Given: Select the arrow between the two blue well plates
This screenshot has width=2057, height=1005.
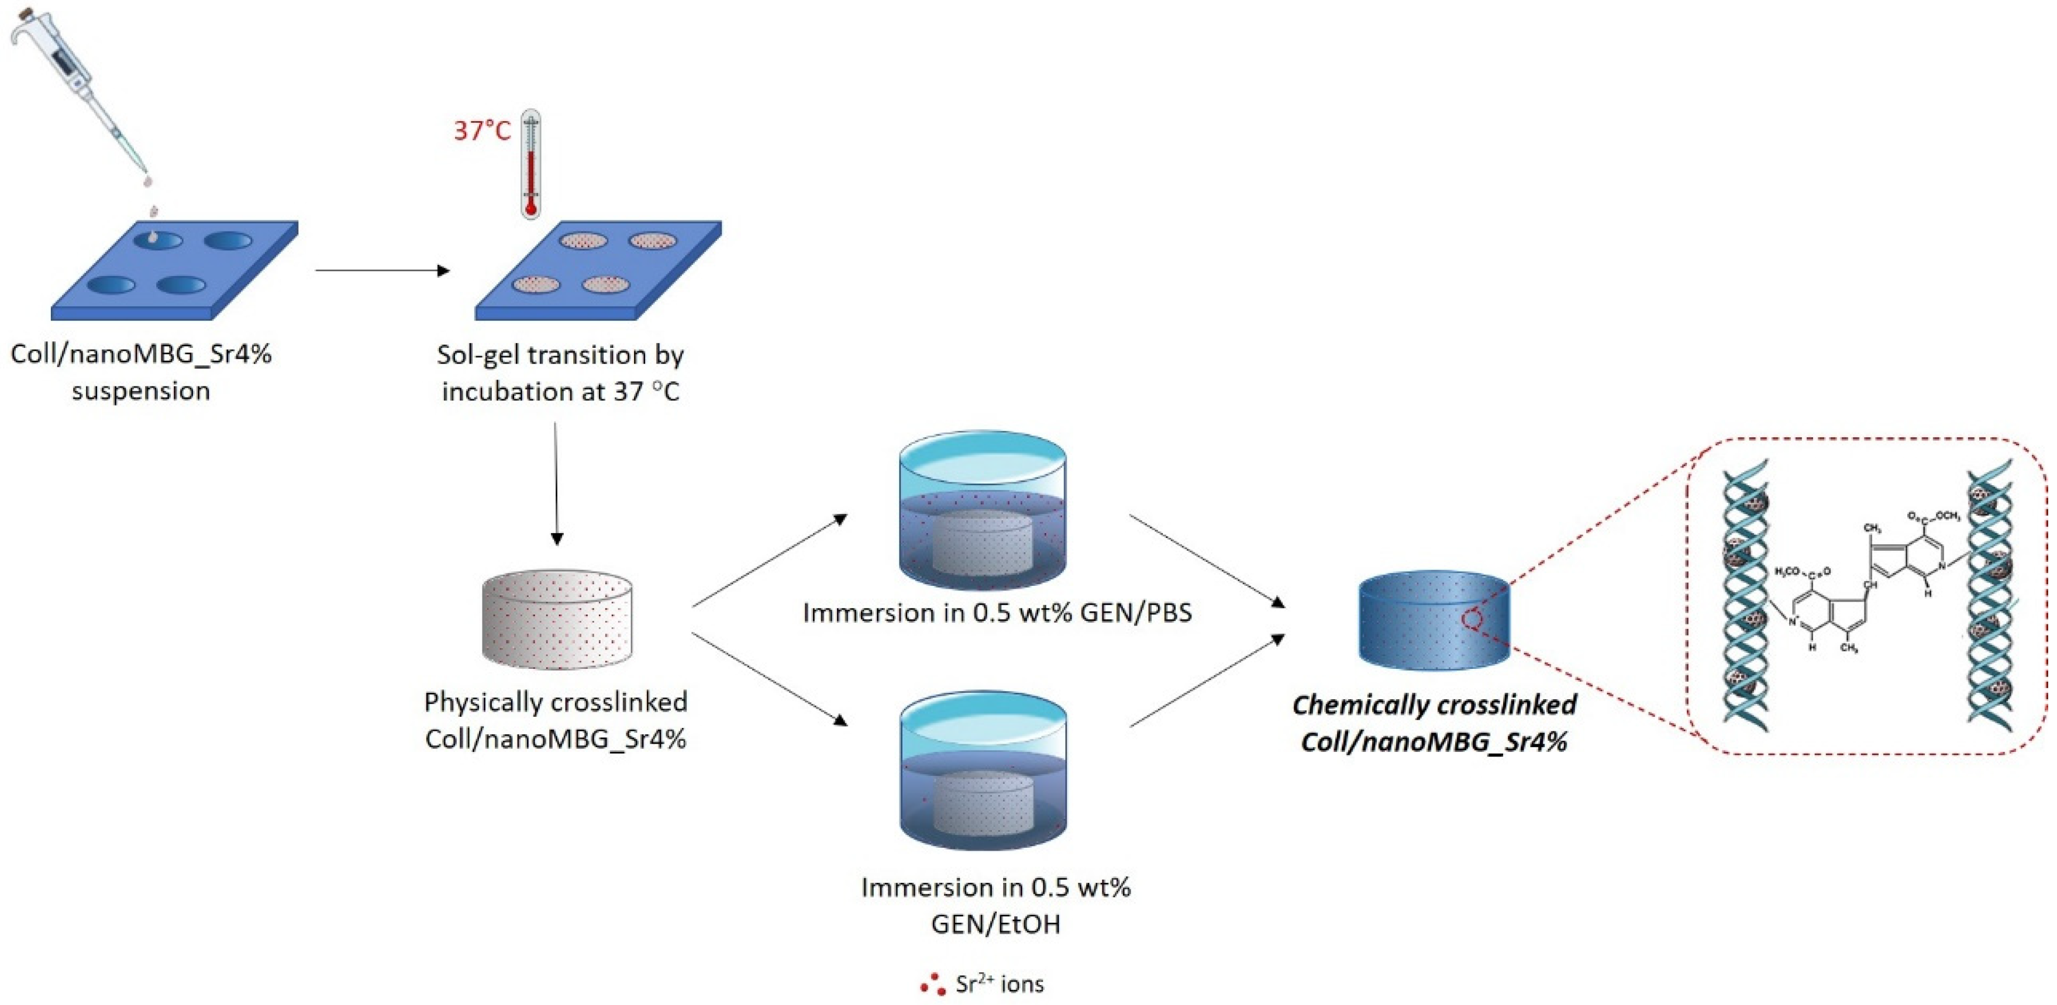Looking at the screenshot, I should [x=383, y=271].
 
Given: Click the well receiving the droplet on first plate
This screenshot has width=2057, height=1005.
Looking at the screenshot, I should [x=157, y=240].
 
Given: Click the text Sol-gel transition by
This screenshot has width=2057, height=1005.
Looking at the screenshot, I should [x=560, y=354].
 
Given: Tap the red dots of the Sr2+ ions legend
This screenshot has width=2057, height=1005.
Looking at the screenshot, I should [x=932, y=985].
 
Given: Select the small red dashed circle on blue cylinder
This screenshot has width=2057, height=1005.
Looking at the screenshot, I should [x=1472, y=620].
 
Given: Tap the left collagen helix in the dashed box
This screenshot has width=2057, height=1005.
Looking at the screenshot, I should [x=1744, y=595].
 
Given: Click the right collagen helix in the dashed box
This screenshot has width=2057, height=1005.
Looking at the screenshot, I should [x=1990, y=595].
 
